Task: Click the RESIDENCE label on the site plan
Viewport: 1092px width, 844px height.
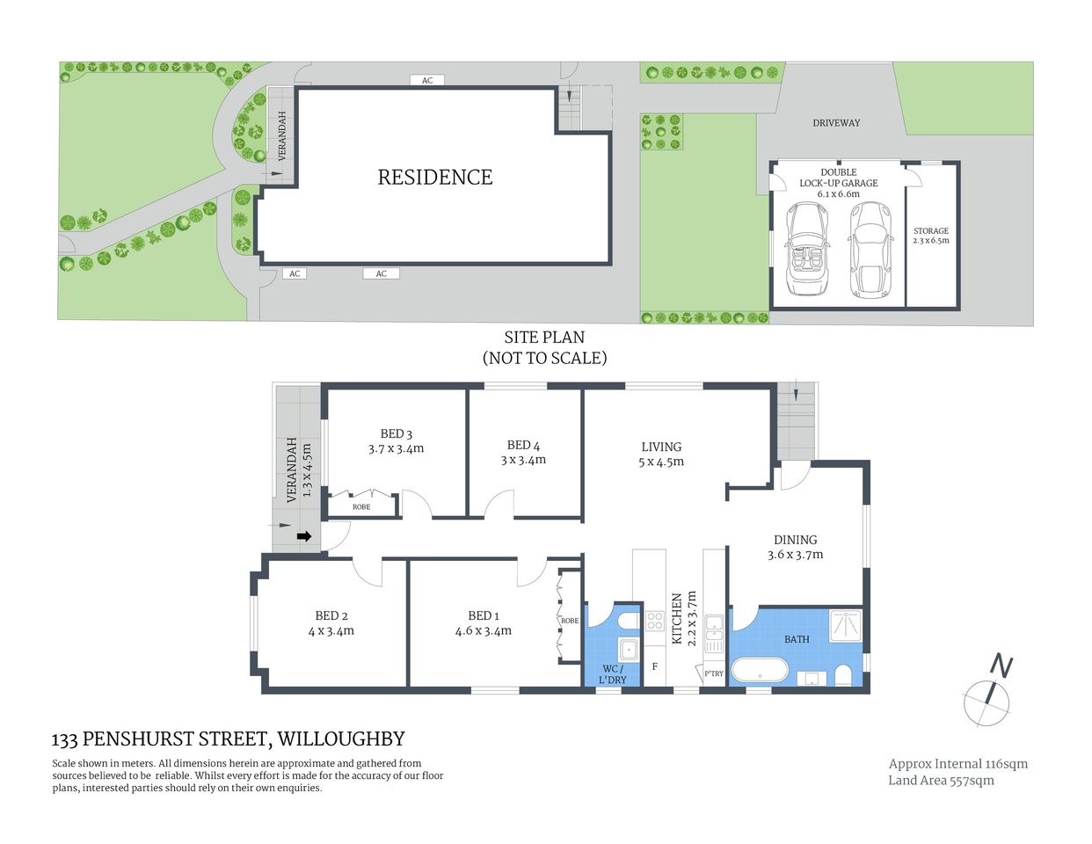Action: pos(434,178)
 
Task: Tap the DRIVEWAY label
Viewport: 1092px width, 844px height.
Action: pos(836,123)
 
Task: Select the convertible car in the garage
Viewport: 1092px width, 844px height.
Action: pos(807,249)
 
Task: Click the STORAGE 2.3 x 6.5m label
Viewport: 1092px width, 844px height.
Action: pos(931,236)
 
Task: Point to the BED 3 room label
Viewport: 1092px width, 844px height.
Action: pos(396,441)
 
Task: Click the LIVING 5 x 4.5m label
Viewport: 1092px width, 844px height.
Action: pos(660,454)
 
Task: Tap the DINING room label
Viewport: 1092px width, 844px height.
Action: pos(795,547)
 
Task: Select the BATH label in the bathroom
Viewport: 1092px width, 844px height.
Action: pos(797,639)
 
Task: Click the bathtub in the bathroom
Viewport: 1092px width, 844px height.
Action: pos(763,672)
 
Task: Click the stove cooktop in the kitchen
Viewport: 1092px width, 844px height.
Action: pos(654,622)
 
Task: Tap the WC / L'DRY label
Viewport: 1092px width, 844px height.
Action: pos(613,674)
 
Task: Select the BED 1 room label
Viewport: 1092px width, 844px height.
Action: pos(483,623)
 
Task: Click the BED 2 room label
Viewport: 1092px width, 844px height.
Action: pos(331,623)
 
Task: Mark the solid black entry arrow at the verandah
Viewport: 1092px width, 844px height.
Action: pos(304,536)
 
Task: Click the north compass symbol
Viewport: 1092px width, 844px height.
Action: pos(990,695)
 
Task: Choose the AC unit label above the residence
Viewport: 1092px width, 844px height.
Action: pos(427,81)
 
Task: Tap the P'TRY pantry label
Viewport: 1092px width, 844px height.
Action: pos(713,674)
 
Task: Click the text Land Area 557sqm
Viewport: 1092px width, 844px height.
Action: pos(941,781)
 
